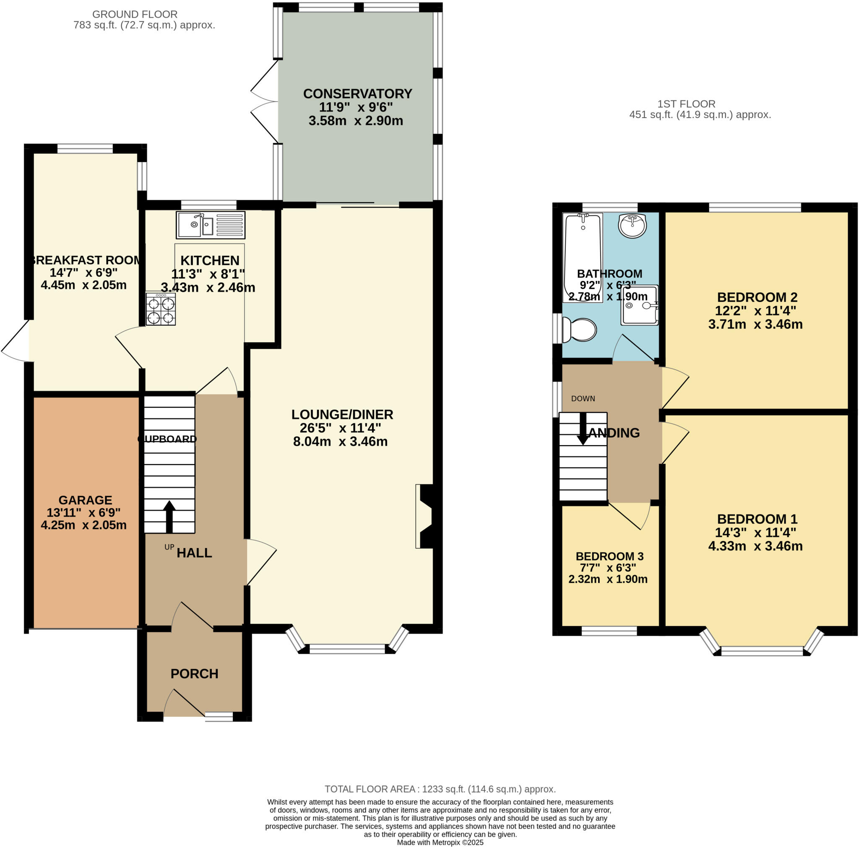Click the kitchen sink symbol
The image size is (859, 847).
tap(211, 225)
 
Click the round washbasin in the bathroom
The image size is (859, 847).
tap(632, 226)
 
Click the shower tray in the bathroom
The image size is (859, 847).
tap(640, 305)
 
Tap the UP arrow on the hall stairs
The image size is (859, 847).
tap(169, 516)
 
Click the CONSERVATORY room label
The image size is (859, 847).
tap(357, 94)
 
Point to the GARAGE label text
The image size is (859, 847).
tap(85, 500)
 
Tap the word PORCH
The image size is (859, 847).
tap(194, 674)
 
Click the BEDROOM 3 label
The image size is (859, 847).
tap(609, 556)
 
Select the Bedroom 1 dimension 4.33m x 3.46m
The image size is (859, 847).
tap(755, 546)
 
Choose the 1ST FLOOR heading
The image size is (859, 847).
tap(686, 104)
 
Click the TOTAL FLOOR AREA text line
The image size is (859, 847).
tap(440, 789)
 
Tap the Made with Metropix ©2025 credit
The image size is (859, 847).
tap(440, 842)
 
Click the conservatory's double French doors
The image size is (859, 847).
tap(264, 102)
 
